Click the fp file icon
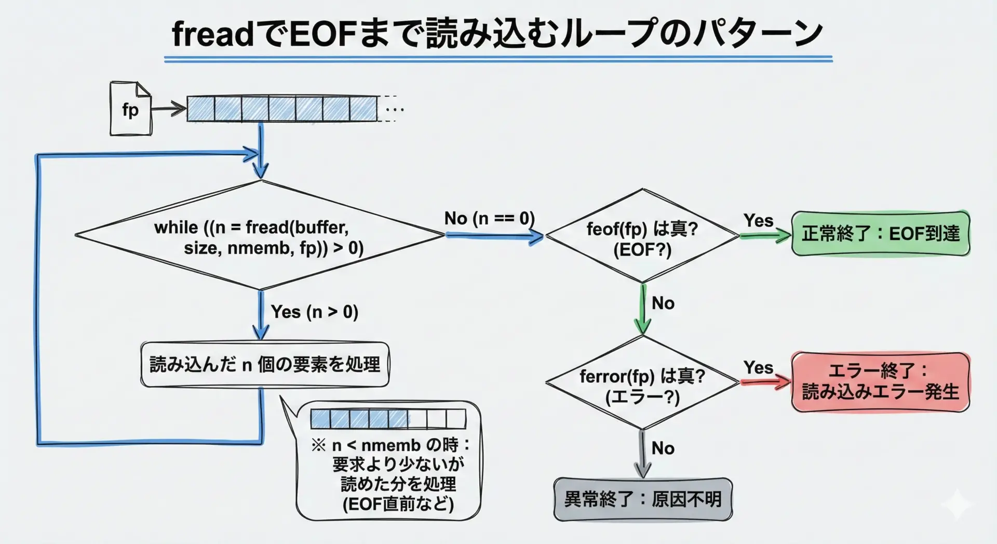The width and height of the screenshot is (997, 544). pyautogui.click(x=130, y=109)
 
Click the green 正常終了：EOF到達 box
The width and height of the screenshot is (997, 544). pyautogui.click(x=880, y=234)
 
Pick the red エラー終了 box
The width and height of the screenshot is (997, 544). pyautogui.click(x=880, y=382)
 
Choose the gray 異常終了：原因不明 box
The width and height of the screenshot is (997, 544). pyautogui.click(x=643, y=499)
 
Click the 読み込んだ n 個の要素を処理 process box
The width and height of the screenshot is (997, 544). pyautogui.click(x=265, y=364)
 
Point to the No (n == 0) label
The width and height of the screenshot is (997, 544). pyautogui.click(x=489, y=218)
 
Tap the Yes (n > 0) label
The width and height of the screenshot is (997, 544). pyautogui.click(x=314, y=312)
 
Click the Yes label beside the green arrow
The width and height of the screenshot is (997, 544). pyautogui.click(x=758, y=220)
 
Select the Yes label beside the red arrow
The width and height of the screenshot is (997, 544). pyautogui.click(x=758, y=367)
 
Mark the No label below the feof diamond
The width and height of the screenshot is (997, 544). pyautogui.click(x=663, y=303)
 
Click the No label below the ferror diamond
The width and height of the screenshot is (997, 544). pyautogui.click(x=663, y=448)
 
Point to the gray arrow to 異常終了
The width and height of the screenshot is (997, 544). pyautogui.click(x=643, y=455)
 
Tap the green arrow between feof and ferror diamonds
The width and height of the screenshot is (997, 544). pyautogui.click(x=643, y=309)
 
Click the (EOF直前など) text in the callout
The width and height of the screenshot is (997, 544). pyautogui.click(x=398, y=504)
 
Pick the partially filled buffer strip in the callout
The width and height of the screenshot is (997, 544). pyautogui.click(x=388, y=419)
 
